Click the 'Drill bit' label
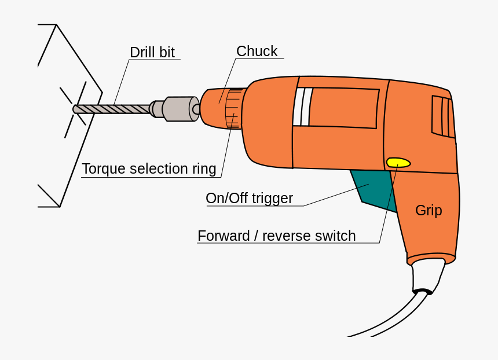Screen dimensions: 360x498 pyautogui.click(x=152, y=52)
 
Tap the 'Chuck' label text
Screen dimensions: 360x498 pyautogui.click(x=257, y=52)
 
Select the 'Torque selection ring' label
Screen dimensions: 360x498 pyautogui.click(x=149, y=169)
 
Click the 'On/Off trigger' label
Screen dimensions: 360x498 pyautogui.click(x=249, y=199)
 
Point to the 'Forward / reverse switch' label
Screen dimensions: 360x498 pyautogui.click(x=276, y=236)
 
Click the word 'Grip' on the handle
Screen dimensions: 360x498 pyautogui.click(x=429, y=211)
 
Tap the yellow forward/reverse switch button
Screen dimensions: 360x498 pyautogui.click(x=398, y=163)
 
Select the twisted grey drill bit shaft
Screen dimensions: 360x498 pyautogui.click(x=113, y=109)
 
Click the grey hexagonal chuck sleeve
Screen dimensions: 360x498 pyautogui.click(x=178, y=109)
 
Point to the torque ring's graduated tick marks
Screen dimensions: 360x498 pyautogui.click(x=233, y=109)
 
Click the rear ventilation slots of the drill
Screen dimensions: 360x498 pyautogui.click(x=443, y=116)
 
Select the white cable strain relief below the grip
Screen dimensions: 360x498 pyautogui.click(x=427, y=275)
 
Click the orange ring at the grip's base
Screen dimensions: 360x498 pyautogui.click(x=431, y=259)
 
